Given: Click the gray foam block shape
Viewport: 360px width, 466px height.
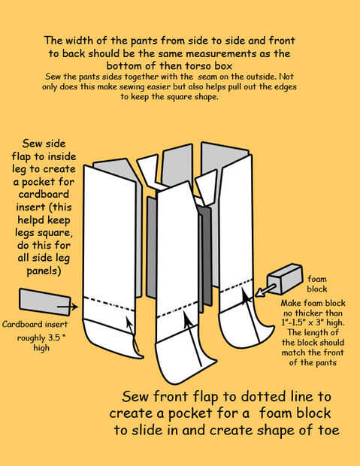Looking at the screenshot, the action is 285,279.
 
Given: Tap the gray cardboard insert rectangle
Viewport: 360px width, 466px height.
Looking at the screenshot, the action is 45,301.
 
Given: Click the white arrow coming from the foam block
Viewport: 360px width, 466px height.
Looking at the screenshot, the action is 265,290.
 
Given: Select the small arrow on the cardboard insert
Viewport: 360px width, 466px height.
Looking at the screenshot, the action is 68,307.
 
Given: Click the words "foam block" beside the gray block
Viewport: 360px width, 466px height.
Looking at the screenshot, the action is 317,284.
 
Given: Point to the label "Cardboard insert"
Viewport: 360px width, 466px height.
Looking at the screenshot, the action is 35,324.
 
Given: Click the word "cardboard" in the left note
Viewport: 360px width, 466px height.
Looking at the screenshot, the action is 44,194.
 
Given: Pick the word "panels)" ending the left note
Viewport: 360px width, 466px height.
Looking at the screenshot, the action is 44,271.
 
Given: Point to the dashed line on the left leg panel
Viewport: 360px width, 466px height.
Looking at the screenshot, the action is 110,304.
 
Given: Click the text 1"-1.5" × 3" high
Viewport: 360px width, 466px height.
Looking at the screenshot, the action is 313,322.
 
